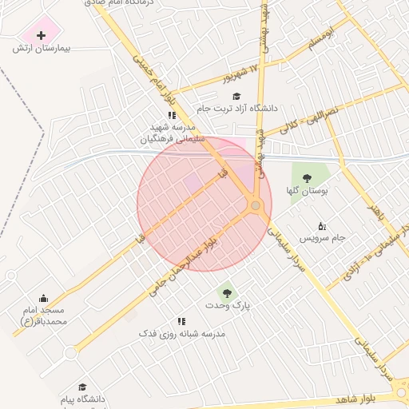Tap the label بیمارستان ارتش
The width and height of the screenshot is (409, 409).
42,49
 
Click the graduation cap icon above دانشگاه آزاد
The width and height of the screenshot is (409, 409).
237,96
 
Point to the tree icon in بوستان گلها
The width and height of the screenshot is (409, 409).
307,179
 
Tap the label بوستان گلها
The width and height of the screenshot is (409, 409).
307,192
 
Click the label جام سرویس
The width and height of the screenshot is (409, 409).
322,238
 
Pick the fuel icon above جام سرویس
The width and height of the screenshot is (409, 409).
322,226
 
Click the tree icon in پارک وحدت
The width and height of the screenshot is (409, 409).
226,293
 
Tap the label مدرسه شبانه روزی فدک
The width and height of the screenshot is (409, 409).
182,333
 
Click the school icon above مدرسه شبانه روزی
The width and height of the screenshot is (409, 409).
182,321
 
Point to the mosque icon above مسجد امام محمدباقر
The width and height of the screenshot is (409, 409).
43,298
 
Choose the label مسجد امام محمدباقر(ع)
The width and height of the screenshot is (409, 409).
43,315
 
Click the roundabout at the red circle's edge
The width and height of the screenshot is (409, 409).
256,206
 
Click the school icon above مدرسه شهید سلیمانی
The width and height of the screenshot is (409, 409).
172,115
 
